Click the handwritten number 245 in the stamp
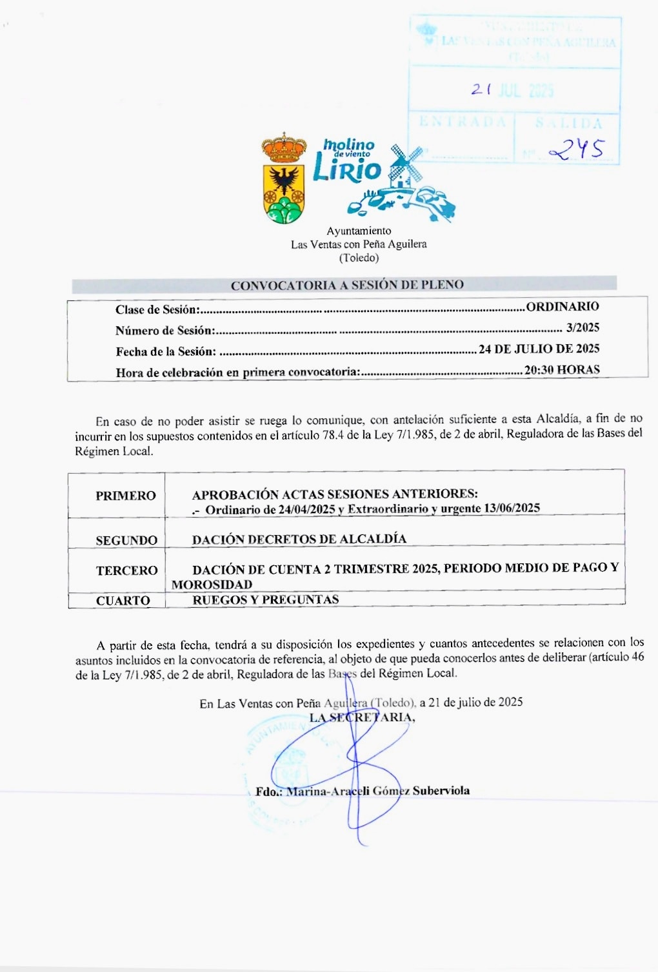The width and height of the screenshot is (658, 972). click(x=575, y=150)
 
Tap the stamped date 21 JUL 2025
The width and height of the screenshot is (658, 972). click(x=512, y=90)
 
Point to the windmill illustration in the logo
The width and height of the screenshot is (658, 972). click(x=404, y=166)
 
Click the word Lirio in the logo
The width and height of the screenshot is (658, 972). click(x=346, y=170)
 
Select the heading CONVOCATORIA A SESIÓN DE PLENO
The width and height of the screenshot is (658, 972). click(x=347, y=285)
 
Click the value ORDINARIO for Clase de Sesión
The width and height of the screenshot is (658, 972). click(x=563, y=307)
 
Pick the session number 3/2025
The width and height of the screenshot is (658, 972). click(x=583, y=327)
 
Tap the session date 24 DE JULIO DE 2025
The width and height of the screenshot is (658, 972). click(x=539, y=349)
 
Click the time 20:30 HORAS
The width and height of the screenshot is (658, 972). click(x=562, y=370)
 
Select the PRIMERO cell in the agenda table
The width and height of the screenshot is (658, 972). click(x=126, y=496)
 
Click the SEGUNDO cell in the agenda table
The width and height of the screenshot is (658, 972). click(x=126, y=540)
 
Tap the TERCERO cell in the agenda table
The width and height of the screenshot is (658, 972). click(x=126, y=570)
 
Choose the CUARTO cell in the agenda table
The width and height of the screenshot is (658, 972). click(x=123, y=600)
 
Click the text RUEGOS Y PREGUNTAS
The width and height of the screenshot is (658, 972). click(x=265, y=599)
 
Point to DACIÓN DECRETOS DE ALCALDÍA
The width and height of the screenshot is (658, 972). click(x=299, y=539)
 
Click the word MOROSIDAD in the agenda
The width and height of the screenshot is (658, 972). click(x=212, y=585)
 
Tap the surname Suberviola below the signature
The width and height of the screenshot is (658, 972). click(x=441, y=791)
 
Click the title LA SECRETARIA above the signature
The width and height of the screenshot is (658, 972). click(x=362, y=717)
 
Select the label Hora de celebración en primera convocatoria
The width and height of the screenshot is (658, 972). click(x=237, y=373)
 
